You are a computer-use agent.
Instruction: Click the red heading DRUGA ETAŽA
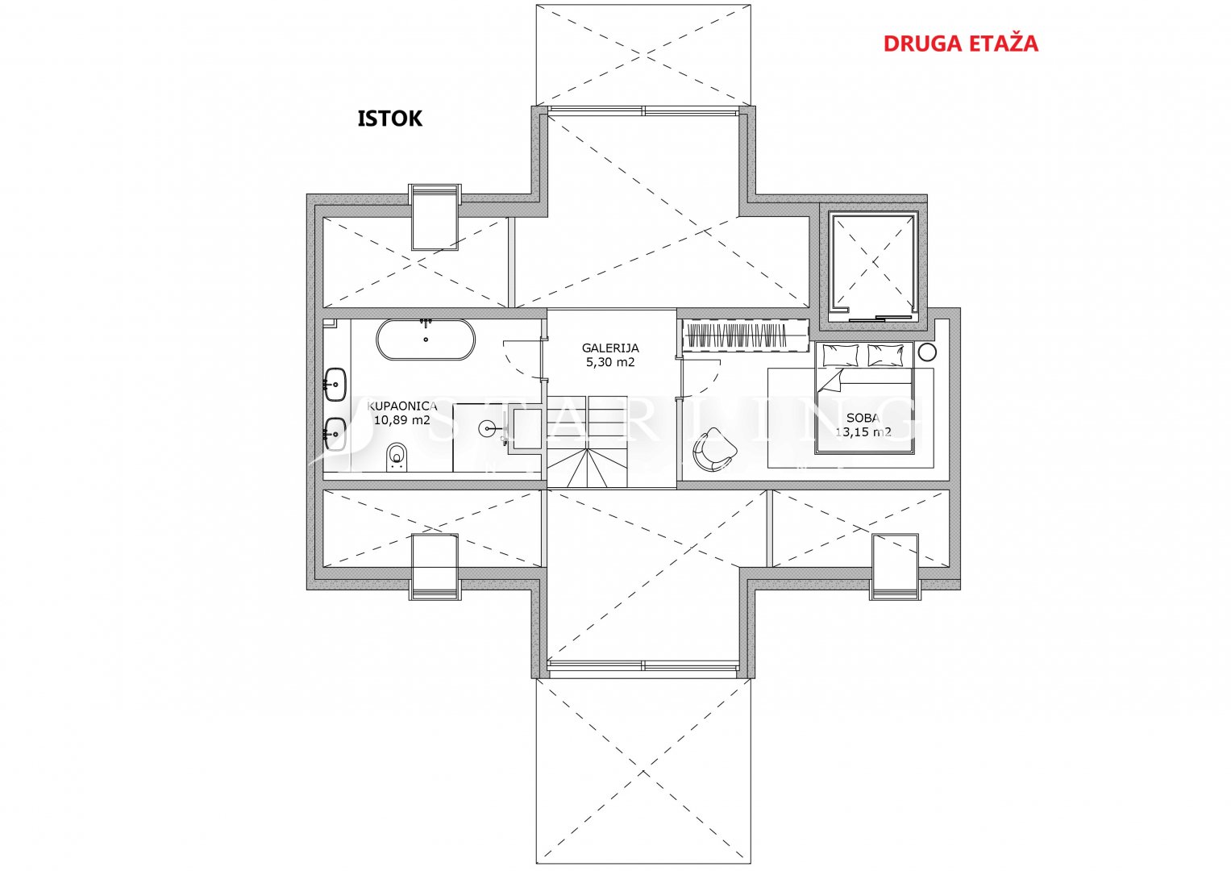click(x=960, y=44)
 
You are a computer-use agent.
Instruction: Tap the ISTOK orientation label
click(x=389, y=119)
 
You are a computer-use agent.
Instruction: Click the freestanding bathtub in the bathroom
click(x=426, y=340)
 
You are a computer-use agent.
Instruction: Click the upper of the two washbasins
click(x=335, y=385)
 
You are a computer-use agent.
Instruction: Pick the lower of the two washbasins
click(x=335, y=434)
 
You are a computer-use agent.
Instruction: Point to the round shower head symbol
click(x=489, y=427)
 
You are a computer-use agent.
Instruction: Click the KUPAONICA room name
click(x=402, y=406)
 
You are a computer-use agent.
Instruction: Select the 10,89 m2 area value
click(x=401, y=420)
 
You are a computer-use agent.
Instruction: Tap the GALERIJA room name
click(x=610, y=348)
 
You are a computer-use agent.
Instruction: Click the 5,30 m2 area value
click(x=610, y=362)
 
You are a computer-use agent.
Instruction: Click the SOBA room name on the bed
click(x=863, y=418)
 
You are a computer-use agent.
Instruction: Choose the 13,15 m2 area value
click(x=863, y=431)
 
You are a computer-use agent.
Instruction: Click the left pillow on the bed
click(x=841, y=354)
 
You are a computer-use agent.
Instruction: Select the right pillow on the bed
click(x=885, y=354)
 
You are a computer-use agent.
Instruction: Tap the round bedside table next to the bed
click(x=927, y=352)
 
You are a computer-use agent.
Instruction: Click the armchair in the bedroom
click(x=713, y=449)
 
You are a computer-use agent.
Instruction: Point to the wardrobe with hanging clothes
click(x=745, y=335)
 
